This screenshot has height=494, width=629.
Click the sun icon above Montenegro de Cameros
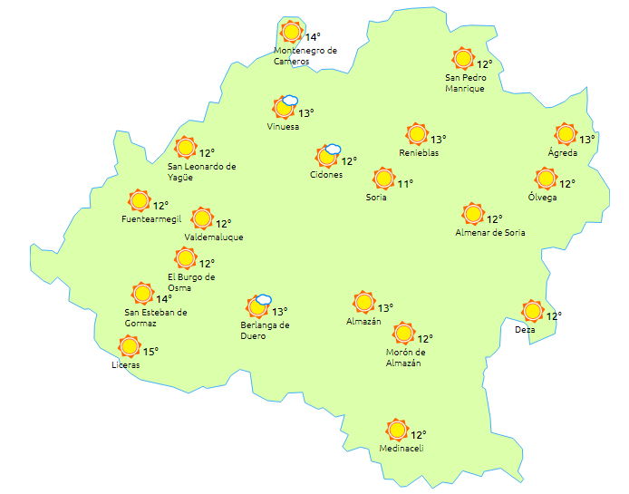(x=291, y=33)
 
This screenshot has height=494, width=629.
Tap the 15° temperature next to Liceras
(x=150, y=352)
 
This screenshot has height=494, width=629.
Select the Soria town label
(x=376, y=197)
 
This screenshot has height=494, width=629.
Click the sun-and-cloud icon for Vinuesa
(x=285, y=108)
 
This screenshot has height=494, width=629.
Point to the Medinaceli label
(x=402, y=448)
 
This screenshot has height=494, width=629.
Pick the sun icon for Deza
(x=532, y=311)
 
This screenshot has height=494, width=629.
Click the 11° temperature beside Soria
(x=405, y=184)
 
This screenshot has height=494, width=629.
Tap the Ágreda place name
(x=562, y=152)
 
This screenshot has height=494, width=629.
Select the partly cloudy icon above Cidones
(x=327, y=157)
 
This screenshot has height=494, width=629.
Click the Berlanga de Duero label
(x=265, y=330)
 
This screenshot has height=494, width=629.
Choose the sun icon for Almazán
(x=363, y=303)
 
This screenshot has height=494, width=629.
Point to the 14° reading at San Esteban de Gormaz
(x=164, y=298)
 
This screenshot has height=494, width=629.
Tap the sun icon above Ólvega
(x=545, y=179)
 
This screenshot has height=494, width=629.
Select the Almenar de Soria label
(x=490, y=233)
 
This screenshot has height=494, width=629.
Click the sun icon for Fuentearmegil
(x=139, y=200)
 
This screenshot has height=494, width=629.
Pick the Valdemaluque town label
(x=214, y=237)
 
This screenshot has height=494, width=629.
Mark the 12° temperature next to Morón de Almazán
(x=425, y=339)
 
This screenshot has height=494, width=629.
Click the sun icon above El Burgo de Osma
(x=186, y=258)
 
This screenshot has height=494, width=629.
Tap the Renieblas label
(x=419, y=153)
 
